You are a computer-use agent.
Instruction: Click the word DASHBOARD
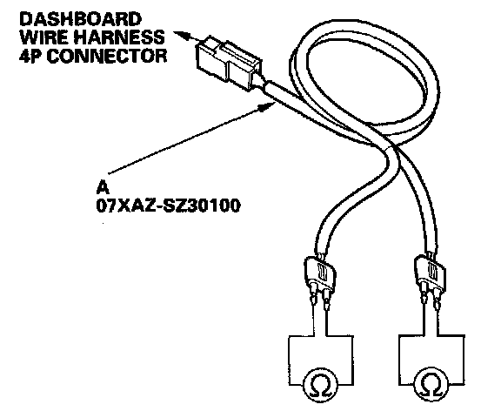tap(81, 19)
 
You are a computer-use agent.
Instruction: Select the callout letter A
tap(103, 188)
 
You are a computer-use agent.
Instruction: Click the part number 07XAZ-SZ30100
tap(169, 206)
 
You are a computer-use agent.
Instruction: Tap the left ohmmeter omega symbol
tap(320, 385)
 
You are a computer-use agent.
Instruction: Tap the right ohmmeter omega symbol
tap(431, 385)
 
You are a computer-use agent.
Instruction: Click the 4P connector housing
tap(230, 62)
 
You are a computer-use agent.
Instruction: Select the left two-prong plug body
tap(320, 273)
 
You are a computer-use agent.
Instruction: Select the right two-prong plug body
tap(430, 273)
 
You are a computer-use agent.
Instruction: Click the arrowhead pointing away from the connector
tap(181, 35)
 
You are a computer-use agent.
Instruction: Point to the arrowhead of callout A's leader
tap(267, 107)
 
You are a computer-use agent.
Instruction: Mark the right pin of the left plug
tap(326, 300)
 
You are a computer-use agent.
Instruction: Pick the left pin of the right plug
tap(424, 294)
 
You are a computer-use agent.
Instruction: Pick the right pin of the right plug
tap(437, 300)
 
